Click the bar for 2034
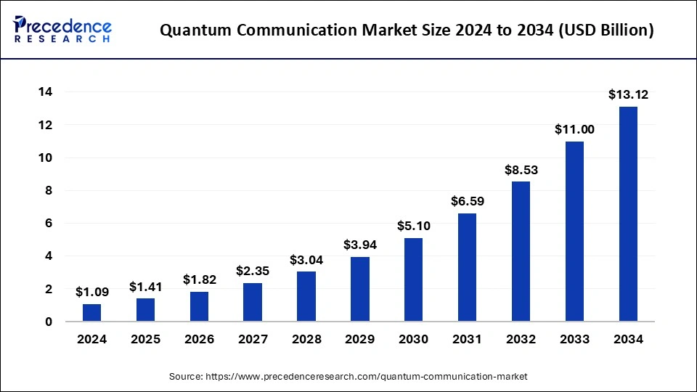click(x=627, y=214)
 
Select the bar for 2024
click(x=92, y=313)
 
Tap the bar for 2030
click(x=413, y=279)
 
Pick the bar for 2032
click(x=521, y=251)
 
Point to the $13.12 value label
click(x=627, y=94)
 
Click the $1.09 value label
click(x=92, y=292)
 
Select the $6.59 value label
click(x=467, y=201)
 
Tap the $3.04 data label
click(x=306, y=259)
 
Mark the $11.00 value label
click(x=574, y=129)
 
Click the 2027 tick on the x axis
click(x=253, y=339)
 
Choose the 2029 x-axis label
click(x=359, y=339)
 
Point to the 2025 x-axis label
click(x=145, y=339)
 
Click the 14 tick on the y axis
click(x=45, y=92)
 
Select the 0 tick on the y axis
click(x=49, y=322)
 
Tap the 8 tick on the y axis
click(x=49, y=190)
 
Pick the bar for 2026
click(x=199, y=306)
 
